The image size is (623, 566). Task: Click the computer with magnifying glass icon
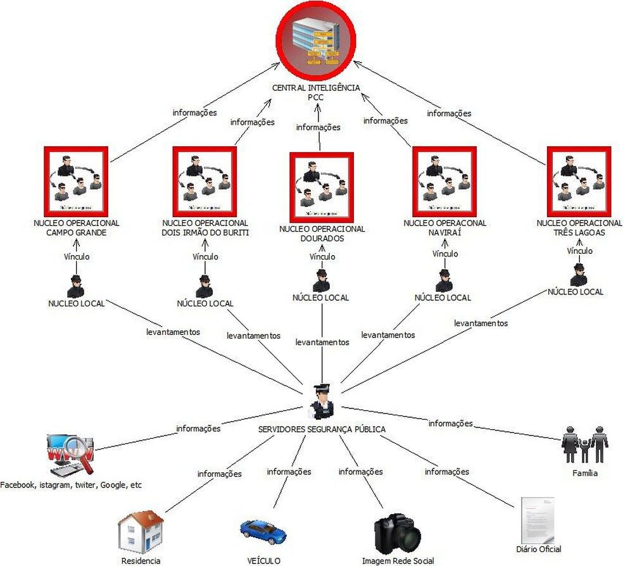coord(71,455)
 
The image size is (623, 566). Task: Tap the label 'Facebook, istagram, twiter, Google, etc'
coord(71,486)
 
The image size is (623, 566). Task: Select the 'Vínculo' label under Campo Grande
coord(77,257)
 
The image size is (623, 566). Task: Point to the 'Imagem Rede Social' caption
coord(398,560)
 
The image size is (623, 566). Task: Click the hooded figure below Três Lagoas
coord(578,275)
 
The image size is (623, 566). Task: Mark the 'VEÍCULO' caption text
coord(263,560)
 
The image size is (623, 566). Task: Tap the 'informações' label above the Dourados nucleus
coord(318,127)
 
